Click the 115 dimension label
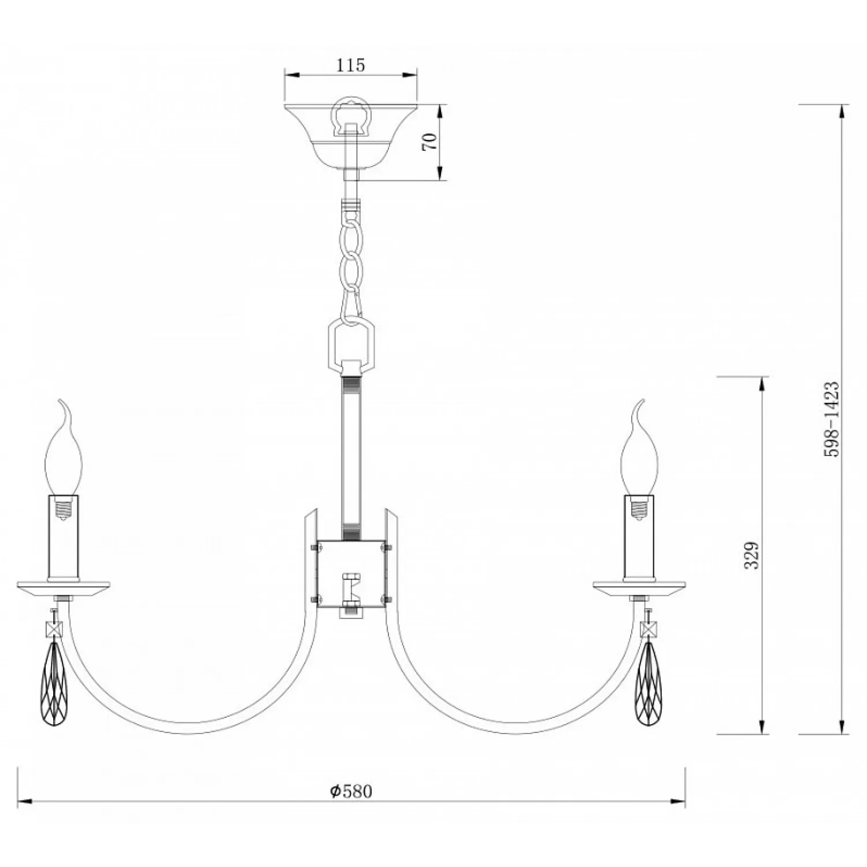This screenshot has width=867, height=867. (x=351, y=65)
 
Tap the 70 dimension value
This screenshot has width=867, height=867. (x=431, y=142)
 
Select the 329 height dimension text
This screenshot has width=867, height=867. (x=751, y=555)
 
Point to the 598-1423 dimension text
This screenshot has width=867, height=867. (x=831, y=419)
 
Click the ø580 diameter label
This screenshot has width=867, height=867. (x=351, y=791)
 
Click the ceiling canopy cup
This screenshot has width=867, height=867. (x=351, y=136)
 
